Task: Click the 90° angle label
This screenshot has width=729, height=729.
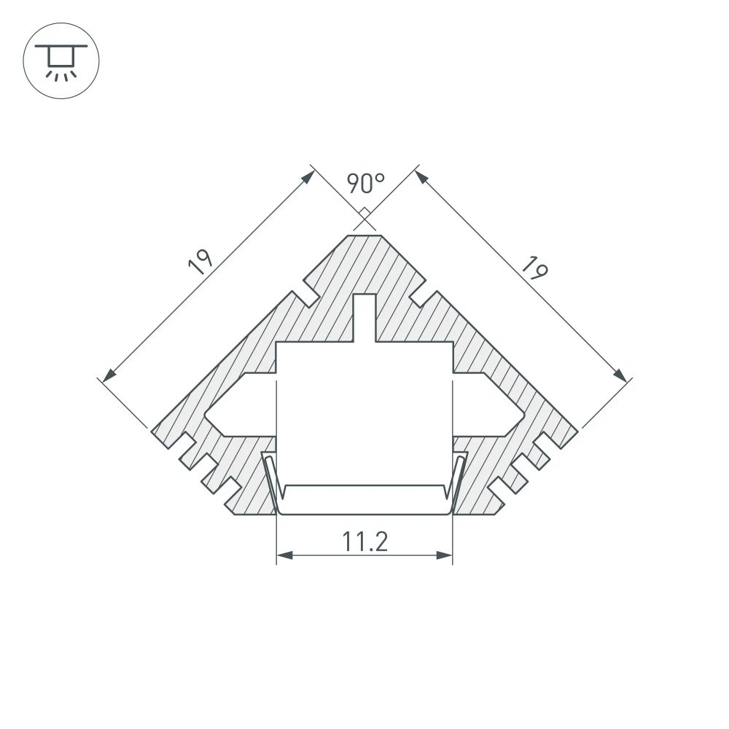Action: pyautogui.click(x=364, y=183)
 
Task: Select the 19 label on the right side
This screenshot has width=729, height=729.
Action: pyautogui.click(x=533, y=269)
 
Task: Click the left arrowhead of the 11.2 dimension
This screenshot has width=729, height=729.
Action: pyautogui.click(x=284, y=556)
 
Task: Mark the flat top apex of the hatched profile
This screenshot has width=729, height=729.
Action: pyautogui.click(x=364, y=236)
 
